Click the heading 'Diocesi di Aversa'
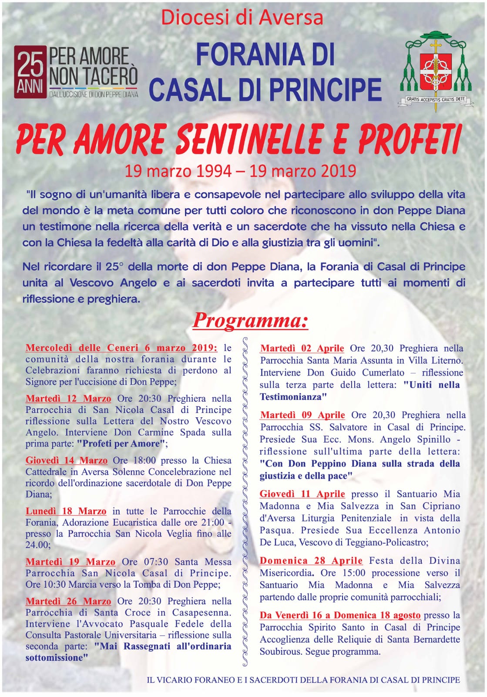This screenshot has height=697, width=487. click(242, 17)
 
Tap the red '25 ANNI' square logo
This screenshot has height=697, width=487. click(30, 72)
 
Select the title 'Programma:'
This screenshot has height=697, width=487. click(250, 320)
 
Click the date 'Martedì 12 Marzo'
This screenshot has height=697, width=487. click(68, 399)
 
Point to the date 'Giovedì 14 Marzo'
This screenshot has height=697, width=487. click(67, 460)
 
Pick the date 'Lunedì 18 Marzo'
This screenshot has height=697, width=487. click(66, 511)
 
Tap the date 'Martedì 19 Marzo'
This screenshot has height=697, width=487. click(71, 562)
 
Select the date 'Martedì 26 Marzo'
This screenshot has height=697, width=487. click(68, 601)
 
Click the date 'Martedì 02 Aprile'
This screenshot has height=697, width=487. click(302, 348)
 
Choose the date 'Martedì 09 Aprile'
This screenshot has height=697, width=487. click(302, 415)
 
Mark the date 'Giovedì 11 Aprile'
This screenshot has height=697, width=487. click(302, 494)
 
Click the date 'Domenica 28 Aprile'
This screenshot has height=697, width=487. click(311, 561)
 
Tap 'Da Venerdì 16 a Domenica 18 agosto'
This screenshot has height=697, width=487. click(340, 615)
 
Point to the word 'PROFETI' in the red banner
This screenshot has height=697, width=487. click(409, 139)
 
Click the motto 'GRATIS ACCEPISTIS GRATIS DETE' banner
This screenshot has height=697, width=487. click(435, 100)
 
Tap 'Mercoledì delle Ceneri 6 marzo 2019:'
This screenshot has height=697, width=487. click(121, 348)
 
